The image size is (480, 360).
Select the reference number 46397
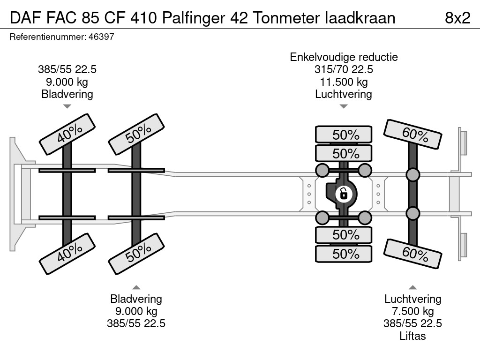coord(101,37)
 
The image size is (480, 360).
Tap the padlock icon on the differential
coord(344,194)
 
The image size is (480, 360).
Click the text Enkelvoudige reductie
coord(344,57)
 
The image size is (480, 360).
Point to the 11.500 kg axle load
coord(344,82)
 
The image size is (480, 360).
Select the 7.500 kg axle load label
coord(412,311)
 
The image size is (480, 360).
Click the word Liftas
coord(412,336)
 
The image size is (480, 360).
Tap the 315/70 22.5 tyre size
coord(344,69)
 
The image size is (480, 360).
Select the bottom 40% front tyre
coord(67,254)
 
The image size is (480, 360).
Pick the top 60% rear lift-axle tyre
coord(412,135)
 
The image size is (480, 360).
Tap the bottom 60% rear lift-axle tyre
coord(412,254)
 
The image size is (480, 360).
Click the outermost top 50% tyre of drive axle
coord(344,135)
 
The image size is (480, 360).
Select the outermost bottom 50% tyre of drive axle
coord(344,254)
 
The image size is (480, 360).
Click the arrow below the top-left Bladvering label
coord(67,106)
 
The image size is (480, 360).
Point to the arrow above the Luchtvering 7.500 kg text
coord(412,287)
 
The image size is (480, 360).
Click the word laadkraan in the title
coord(360,18)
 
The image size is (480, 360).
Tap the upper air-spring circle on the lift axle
coord(412,175)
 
